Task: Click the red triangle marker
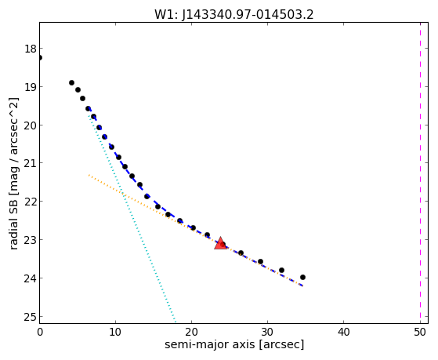pyautogui.click(x=221, y=243)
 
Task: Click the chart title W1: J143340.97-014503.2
pyautogui.click(x=234, y=15)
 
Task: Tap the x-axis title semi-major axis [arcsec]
pyautogui.click(x=234, y=344)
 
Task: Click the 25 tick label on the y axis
pyautogui.click(x=31, y=316)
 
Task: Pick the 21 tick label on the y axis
pyautogui.click(x=31, y=163)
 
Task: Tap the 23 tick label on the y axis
pyautogui.click(x=31, y=240)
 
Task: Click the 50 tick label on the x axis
pyautogui.click(x=420, y=332)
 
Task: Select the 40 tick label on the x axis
pyautogui.click(x=344, y=332)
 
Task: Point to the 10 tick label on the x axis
pyautogui.click(x=115, y=332)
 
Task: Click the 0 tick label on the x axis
pyautogui.click(x=40, y=332)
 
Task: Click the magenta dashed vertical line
pyautogui.click(x=420, y=173)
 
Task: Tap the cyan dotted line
pyautogui.click(x=132, y=216)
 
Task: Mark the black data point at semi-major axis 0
pyautogui.click(x=40, y=57)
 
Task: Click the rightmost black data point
pyautogui.click(x=302, y=277)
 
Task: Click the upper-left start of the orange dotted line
pyautogui.click(x=89, y=175)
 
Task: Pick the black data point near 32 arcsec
pyautogui.click(x=281, y=270)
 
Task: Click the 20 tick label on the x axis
pyautogui.click(x=191, y=332)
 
